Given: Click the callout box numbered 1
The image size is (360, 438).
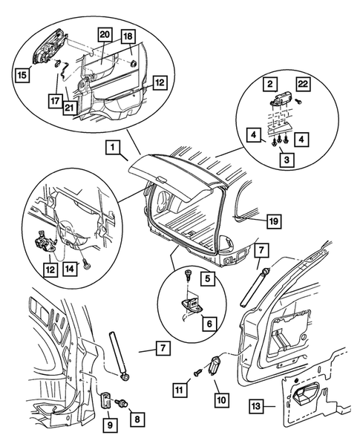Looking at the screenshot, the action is [113, 147].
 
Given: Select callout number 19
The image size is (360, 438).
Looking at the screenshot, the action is [274, 221].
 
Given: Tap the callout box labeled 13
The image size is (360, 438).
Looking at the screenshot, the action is [256, 406].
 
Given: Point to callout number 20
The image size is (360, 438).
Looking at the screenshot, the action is [105, 35].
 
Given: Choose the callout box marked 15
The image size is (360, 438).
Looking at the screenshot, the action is [22, 75].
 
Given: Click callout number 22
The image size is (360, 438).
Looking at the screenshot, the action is [304, 84].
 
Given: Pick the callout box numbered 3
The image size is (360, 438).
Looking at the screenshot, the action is [287, 160].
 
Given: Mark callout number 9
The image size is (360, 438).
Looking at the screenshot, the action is [110, 425].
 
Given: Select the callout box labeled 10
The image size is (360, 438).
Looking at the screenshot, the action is [221, 399].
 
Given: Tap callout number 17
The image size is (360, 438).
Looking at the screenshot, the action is [55, 100].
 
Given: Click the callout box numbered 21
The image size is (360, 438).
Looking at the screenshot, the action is [69, 108].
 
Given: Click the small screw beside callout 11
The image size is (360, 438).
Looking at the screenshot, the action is [198, 372].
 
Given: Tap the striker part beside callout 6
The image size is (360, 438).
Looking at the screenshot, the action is [192, 304].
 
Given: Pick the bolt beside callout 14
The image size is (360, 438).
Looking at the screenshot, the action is [87, 265].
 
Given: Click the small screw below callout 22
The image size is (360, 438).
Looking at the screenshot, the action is [299, 102].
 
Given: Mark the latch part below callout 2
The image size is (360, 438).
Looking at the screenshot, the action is [281, 99].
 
